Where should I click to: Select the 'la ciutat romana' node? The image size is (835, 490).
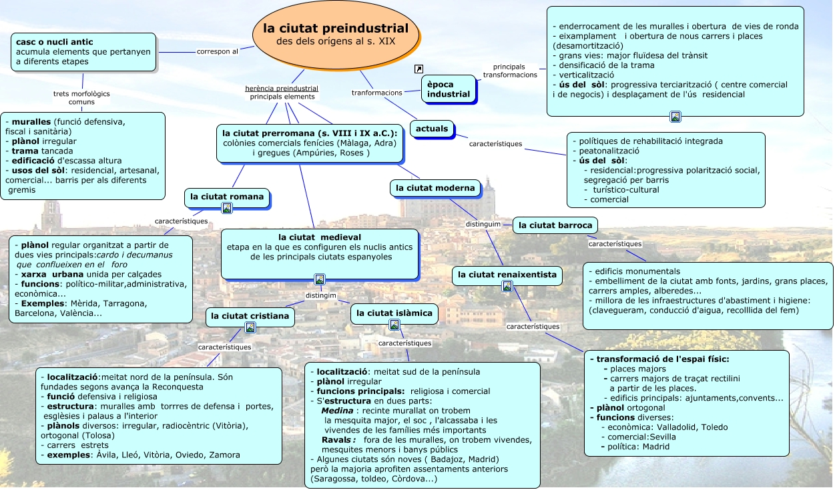click(x=227, y=197)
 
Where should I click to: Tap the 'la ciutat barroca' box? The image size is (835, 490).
click(x=555, y=225)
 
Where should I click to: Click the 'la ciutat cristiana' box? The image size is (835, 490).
click(x=250, y=316)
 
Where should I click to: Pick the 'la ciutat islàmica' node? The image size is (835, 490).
click(x=394, y=313)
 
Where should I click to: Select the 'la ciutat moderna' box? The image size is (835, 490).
click(x=435, y=188)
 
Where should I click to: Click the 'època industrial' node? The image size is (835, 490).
click(x=449, y=89)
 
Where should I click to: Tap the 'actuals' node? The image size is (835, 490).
click(x=432, y=128)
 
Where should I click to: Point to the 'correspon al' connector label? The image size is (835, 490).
click(x=218, y=51)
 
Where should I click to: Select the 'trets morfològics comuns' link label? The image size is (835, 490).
click(x=81, y=98)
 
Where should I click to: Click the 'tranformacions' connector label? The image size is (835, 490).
click(x=377, y=93)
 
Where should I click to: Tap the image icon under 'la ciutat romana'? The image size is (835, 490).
click(x=227, y=208)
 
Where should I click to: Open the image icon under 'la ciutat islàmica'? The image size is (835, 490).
click(x=394, y=325)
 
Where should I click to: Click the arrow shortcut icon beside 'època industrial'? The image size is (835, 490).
click(x=419, y=69)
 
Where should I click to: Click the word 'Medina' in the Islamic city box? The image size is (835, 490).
click(x=337, y=411)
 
